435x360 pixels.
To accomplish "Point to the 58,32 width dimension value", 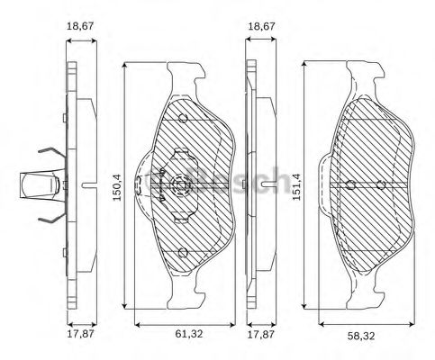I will [x=361, y=336].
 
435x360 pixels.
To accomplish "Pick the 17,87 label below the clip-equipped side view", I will [x=82, y=336].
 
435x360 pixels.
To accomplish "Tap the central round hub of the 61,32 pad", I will [x=179, y=188].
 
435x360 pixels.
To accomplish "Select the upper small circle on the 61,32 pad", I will [x=183, y=119].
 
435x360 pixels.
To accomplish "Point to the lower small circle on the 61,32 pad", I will [x=181, y=253].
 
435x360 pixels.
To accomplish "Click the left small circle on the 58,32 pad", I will [x=350, y=185].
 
